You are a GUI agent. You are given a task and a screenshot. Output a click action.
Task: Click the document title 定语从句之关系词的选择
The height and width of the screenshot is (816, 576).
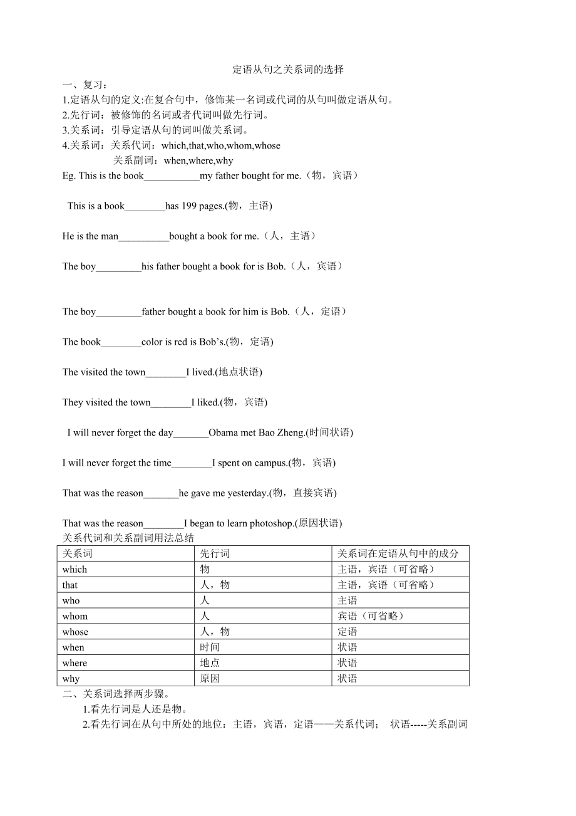tap(288, 70)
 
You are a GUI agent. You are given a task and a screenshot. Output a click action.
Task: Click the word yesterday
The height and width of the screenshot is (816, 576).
tap(248, 493)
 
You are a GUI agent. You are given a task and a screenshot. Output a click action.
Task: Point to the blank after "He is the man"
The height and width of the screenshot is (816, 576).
tap(143, 237)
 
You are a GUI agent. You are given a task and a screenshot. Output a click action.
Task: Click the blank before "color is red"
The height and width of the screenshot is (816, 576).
tap(121, 342)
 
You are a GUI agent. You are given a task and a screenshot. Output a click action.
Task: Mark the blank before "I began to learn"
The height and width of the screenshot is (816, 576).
tap(163, 524)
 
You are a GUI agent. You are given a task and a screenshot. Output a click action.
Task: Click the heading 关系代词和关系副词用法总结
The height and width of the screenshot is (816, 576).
tap(128, 538)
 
